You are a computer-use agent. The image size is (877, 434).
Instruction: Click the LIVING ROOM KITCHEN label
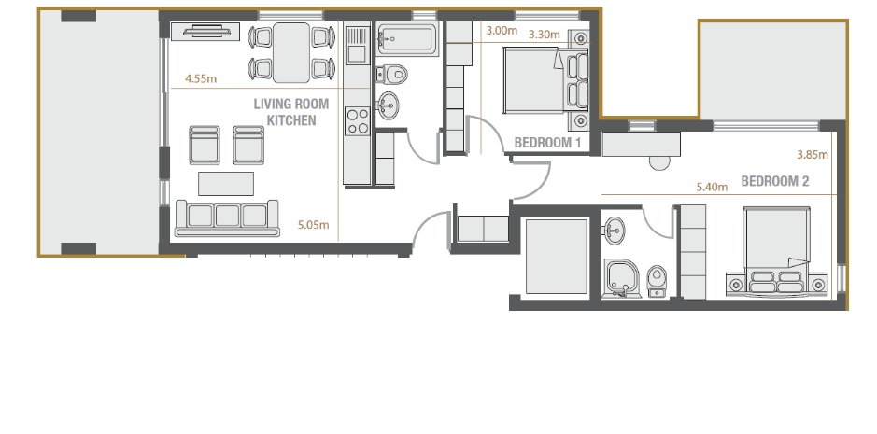[x=290, y=112]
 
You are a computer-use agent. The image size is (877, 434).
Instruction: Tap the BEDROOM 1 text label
[x=547, y=143]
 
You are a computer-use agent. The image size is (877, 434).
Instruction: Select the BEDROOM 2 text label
[x=774, y=181]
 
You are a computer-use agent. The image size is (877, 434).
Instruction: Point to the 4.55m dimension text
[x=201, y=79]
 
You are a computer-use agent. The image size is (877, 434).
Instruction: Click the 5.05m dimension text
[x=313, y=225]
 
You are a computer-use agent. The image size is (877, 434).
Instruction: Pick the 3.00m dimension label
[x=502, y=30]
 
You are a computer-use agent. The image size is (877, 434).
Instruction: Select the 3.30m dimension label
[x=544, y=35]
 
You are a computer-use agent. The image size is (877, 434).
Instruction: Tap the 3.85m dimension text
[x=813, y=154]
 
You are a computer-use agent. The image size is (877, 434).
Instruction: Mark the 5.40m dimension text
[x=712, y=187]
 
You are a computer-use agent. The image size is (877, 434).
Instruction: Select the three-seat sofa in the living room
[x=227, y=217]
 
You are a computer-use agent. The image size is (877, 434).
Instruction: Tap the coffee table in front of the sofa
[x=226, y=182]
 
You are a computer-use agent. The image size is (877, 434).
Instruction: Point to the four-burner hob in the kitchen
[x=357, y=119]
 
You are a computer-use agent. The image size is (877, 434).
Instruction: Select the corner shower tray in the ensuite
[x=621, y=277]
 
